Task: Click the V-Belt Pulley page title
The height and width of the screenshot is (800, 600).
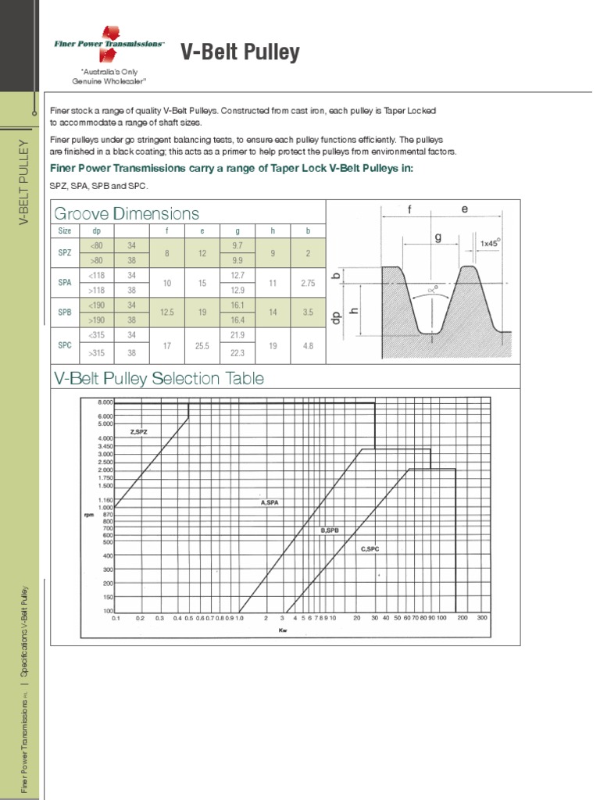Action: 241,52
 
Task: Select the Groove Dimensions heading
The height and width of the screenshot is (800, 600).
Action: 126,213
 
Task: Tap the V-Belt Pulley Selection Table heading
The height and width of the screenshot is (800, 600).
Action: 159,379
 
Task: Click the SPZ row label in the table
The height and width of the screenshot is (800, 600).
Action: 65,253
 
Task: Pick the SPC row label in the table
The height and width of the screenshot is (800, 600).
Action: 65,345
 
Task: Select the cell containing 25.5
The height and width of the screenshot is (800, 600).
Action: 202,345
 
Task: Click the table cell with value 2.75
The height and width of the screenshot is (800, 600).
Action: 308,284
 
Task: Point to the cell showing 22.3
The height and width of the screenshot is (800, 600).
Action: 238,352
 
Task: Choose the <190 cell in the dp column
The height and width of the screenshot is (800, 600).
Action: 98,305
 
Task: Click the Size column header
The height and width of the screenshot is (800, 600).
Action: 65,231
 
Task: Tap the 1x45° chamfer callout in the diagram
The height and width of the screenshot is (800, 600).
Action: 489,244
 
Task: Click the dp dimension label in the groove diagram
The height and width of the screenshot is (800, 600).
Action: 337,316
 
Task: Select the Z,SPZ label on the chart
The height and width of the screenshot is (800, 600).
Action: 138,431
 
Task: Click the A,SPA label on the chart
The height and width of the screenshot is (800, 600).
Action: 270,502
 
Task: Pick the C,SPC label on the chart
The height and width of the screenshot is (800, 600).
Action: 370,549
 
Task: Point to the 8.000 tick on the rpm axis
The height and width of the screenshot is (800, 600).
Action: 105,402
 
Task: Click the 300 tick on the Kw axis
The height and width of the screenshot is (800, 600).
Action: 482,618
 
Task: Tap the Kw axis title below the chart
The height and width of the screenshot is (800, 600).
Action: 283,630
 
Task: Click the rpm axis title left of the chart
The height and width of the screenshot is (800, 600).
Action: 88,515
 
